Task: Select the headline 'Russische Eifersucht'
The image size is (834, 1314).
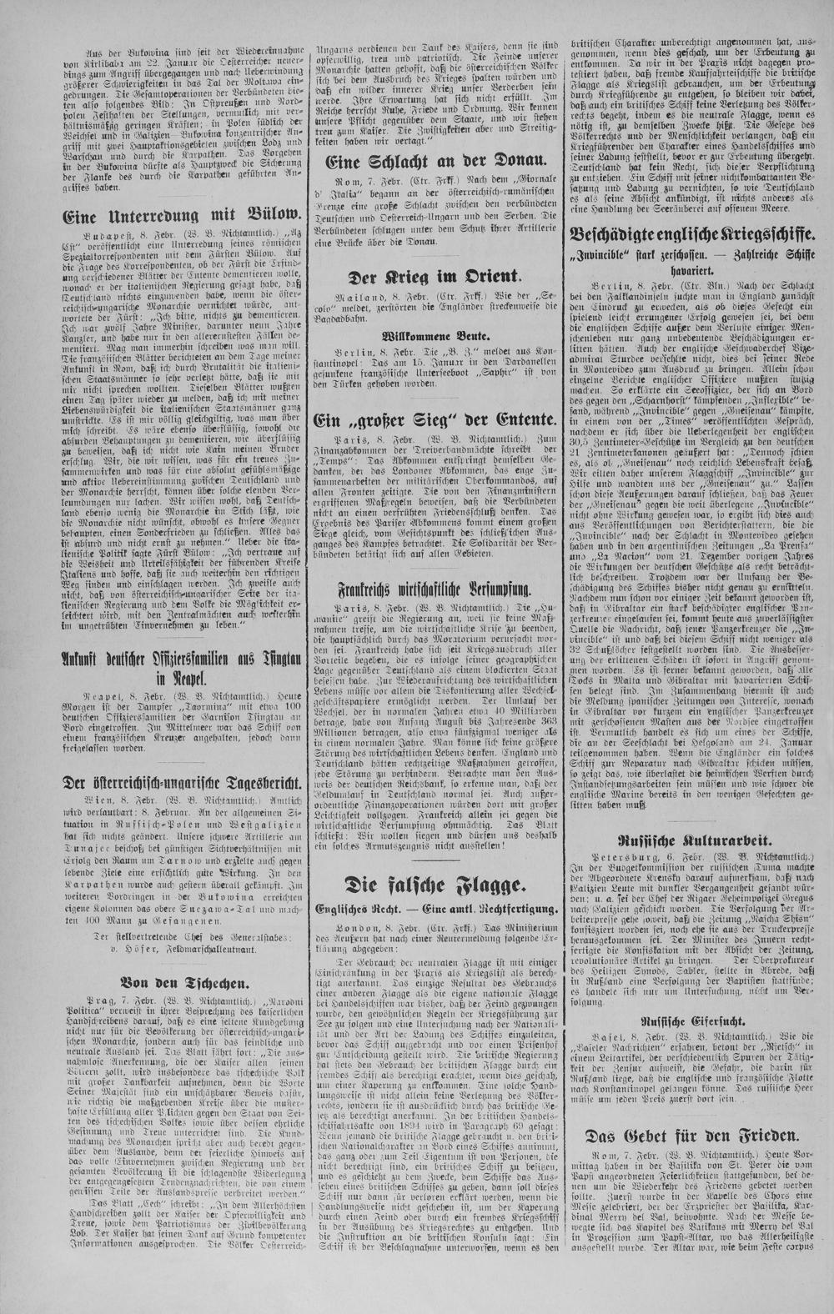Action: point(690,1020)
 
